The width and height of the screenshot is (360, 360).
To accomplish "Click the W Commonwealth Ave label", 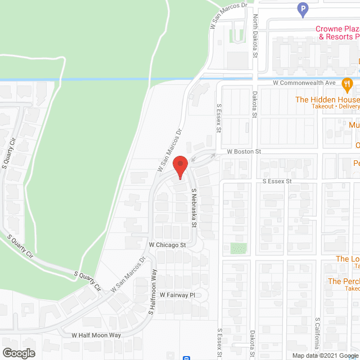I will (304, 83).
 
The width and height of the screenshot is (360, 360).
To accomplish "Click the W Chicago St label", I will (167, 245).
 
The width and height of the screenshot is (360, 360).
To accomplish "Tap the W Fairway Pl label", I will (177, 294).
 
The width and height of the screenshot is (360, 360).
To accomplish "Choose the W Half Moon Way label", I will (96, 335).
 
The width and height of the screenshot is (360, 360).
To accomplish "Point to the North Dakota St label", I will (254, 37).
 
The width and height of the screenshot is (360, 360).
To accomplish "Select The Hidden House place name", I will (327, 100).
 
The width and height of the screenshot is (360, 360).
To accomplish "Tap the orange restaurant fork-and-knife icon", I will (348, 85).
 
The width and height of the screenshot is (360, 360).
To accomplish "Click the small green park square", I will (238, 248).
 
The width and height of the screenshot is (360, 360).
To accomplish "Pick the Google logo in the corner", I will (19, 353).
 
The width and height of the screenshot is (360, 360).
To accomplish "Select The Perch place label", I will (343, 281).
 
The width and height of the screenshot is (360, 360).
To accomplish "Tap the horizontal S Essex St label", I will (277, 182).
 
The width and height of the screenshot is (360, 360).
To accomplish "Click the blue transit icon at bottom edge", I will (186, 357).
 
